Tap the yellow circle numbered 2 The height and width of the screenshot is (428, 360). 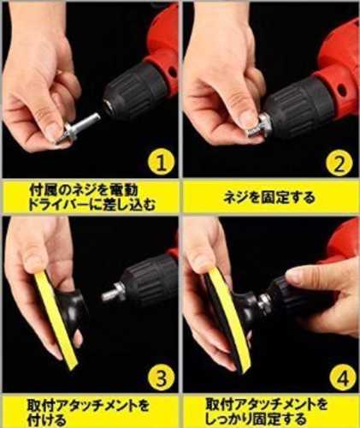(x=339, y=163)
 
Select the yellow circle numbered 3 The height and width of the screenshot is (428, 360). (x=161, y=378)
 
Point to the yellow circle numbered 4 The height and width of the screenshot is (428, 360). (x=343, y=378)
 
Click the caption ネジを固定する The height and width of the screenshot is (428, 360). (x=269, y=198)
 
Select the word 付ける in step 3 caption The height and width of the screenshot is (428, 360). (x=46, y=420)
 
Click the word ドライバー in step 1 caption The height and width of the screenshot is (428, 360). (x=58, y=205)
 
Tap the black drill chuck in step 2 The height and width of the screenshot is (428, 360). (x=299, y=107)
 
